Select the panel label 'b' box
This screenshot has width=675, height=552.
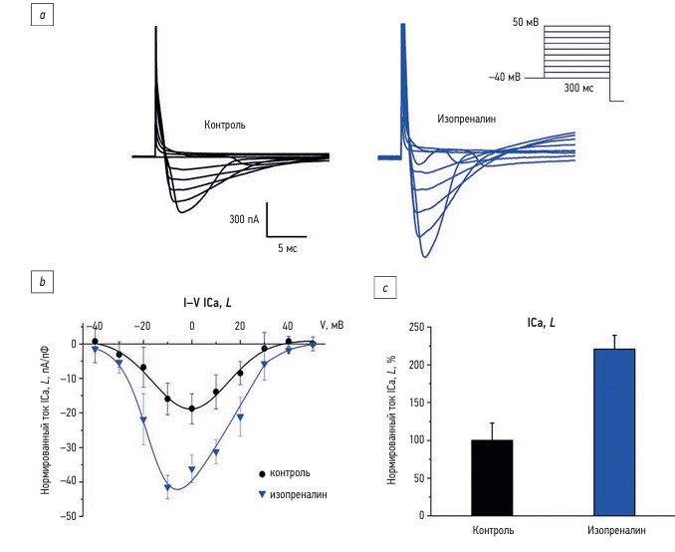click(x=42, y=282)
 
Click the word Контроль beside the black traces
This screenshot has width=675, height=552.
click(x=224, y=126)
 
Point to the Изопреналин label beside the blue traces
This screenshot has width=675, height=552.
click(x=466, y=119)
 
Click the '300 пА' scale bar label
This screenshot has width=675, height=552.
click(x=245, y=218)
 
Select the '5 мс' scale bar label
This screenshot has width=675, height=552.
click(x=288, y=246)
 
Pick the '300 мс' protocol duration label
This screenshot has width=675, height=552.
click(x=577, y=89)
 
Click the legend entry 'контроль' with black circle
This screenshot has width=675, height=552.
click(x=289, y=473)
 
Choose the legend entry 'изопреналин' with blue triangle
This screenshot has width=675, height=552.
click(x=297, y=493)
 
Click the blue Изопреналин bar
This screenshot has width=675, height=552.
click(x=614, y=431)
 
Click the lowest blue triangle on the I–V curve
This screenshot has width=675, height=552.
click(x=168, y=488)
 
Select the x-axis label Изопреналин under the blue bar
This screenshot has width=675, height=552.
click(x=616, y=529)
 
